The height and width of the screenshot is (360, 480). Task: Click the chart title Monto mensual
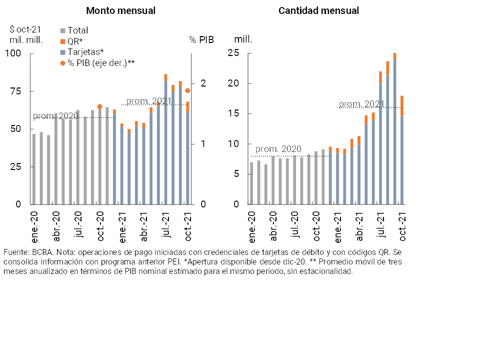[x=120, y=10]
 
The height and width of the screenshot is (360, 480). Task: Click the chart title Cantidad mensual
[x=318, y=10]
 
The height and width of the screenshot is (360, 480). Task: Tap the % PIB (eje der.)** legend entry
[x=97, y=62]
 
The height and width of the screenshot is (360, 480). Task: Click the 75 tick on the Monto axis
[x=16, y=91]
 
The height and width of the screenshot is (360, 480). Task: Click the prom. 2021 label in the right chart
[x=361, y=104]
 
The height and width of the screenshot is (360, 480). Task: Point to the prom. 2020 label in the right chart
[x=278, y=148]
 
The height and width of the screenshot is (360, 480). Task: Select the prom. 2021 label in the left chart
[x=148, y=101]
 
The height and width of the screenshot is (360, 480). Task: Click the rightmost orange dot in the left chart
[x=187, y=90]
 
